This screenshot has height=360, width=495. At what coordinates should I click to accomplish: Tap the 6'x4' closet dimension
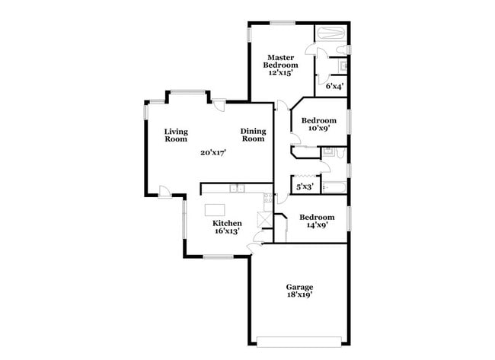point(334,86)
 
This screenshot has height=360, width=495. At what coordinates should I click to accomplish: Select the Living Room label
point(176,135)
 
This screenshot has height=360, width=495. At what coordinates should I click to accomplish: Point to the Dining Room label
point(253,135)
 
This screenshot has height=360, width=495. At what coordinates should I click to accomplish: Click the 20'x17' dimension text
point(213,152)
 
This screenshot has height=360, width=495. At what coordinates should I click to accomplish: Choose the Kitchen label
point(227,223)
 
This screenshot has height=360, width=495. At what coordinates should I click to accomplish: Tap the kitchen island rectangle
point(216,208)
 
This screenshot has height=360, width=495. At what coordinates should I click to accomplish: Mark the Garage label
point(299,286)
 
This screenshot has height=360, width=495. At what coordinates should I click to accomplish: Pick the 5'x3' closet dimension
point(305,186)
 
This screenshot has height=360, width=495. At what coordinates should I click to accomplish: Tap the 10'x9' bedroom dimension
point(318,129)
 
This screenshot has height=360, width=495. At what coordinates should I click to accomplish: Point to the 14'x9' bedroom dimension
point(316,225)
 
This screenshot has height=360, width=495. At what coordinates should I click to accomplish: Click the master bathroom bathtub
point(331,34)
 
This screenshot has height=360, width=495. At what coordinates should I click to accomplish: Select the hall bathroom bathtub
point(334,186)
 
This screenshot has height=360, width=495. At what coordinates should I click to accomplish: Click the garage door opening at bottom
point(299,339)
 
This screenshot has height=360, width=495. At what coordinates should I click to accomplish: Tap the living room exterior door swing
point(164,191)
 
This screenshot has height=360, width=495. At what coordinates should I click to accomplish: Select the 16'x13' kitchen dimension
point(227,231)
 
